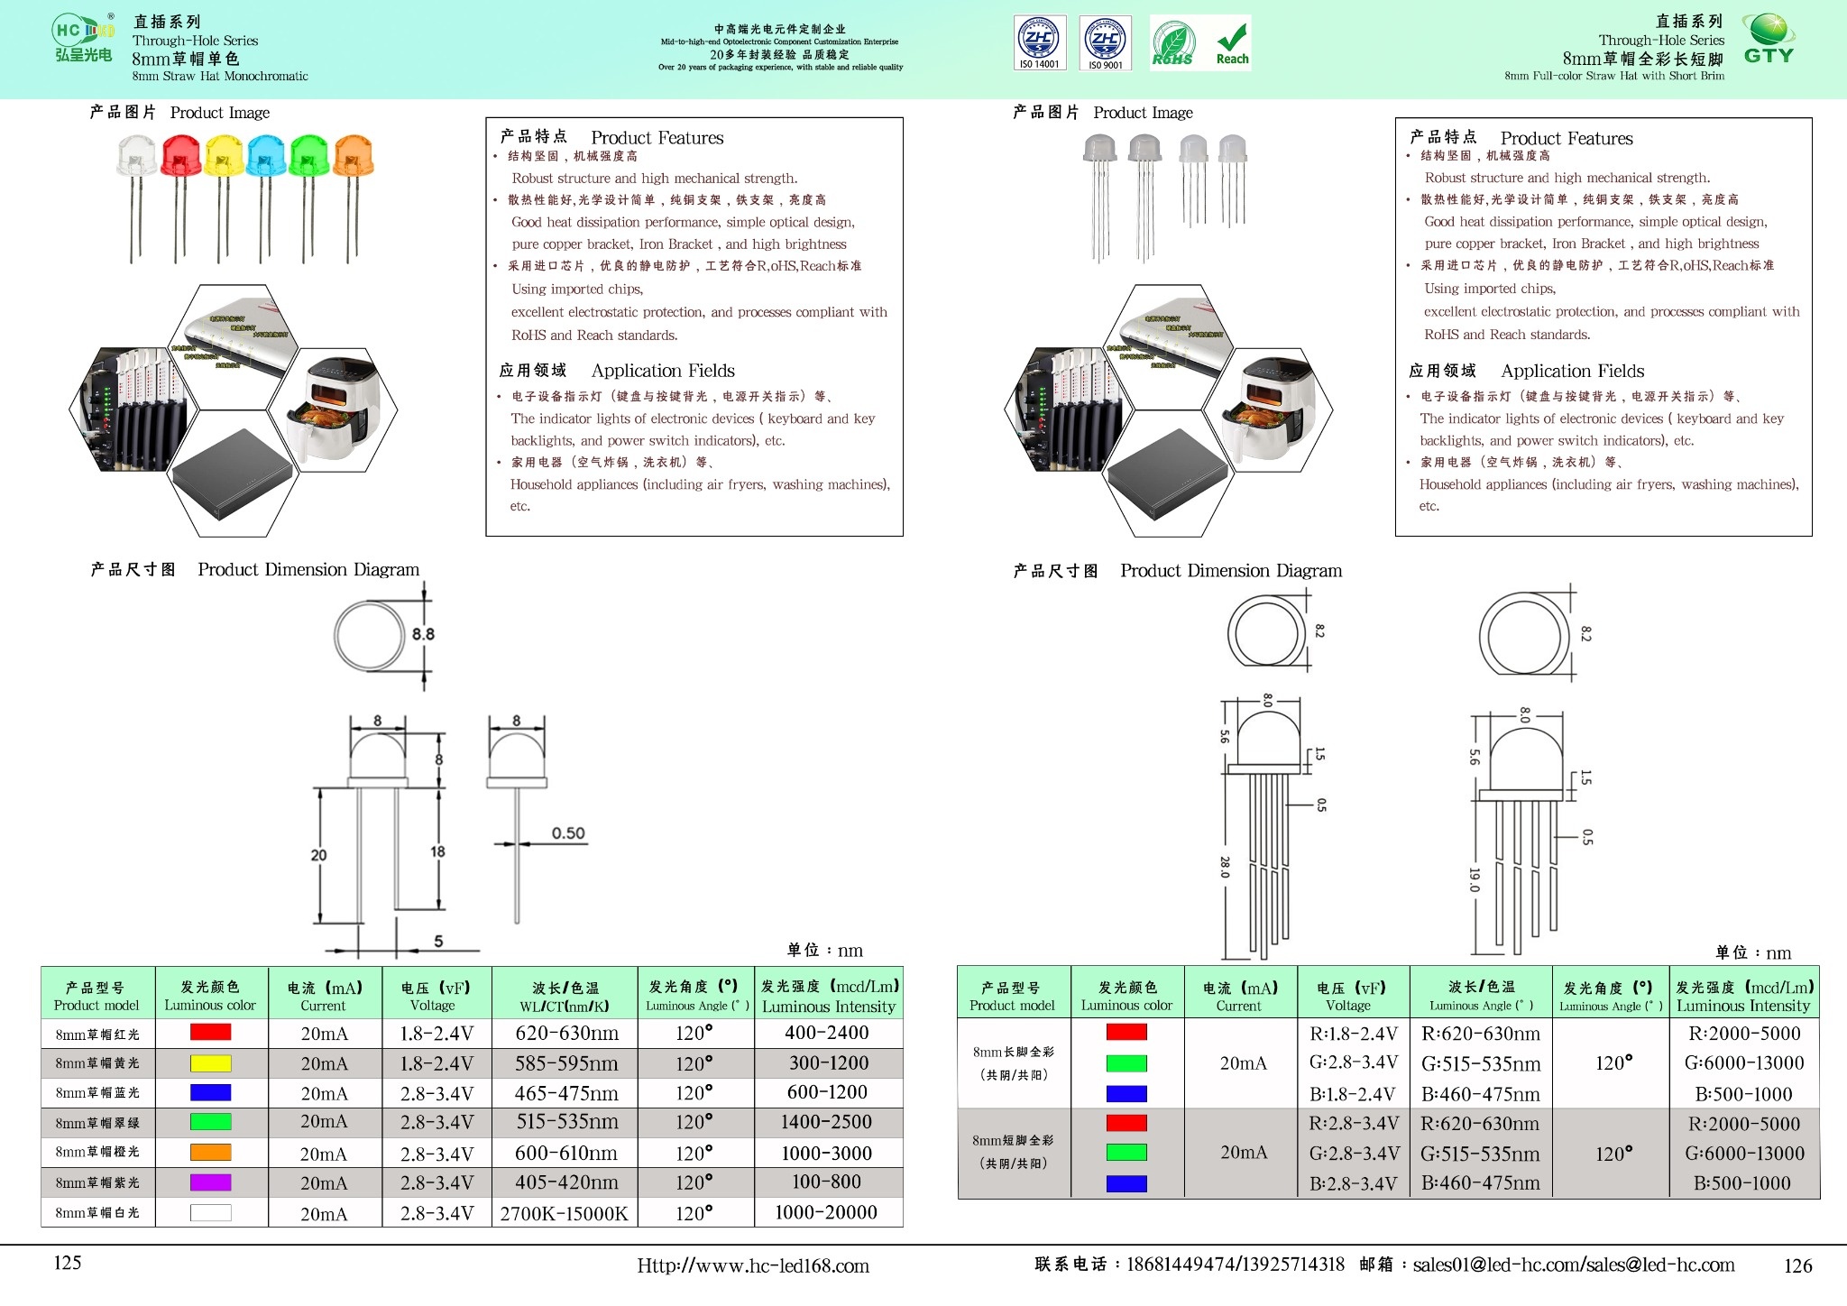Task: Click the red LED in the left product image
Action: coord(180,156)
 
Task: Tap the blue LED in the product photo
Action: coord(266,156)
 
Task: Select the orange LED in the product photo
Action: coord(353,156)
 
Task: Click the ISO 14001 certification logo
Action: coord(1039,42)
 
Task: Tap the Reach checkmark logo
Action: coord(1232,43)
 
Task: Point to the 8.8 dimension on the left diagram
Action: coord(423,634)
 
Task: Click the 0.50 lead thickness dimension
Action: coord(568,833)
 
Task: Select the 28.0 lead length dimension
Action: coord(1225,867)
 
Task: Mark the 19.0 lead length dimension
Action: coord(1474,879)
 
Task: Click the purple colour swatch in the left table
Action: coord(210,1182)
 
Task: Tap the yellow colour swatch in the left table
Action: coord(210,1063)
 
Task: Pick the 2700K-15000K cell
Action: coord(564,1213)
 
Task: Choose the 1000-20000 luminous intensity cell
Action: coord(826,1212)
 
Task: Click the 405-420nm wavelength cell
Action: coord(565,1182)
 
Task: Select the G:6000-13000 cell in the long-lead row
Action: coord(1744,1062)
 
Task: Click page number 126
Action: coord(1797,1265)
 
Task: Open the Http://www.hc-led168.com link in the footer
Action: coord(753,1265)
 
